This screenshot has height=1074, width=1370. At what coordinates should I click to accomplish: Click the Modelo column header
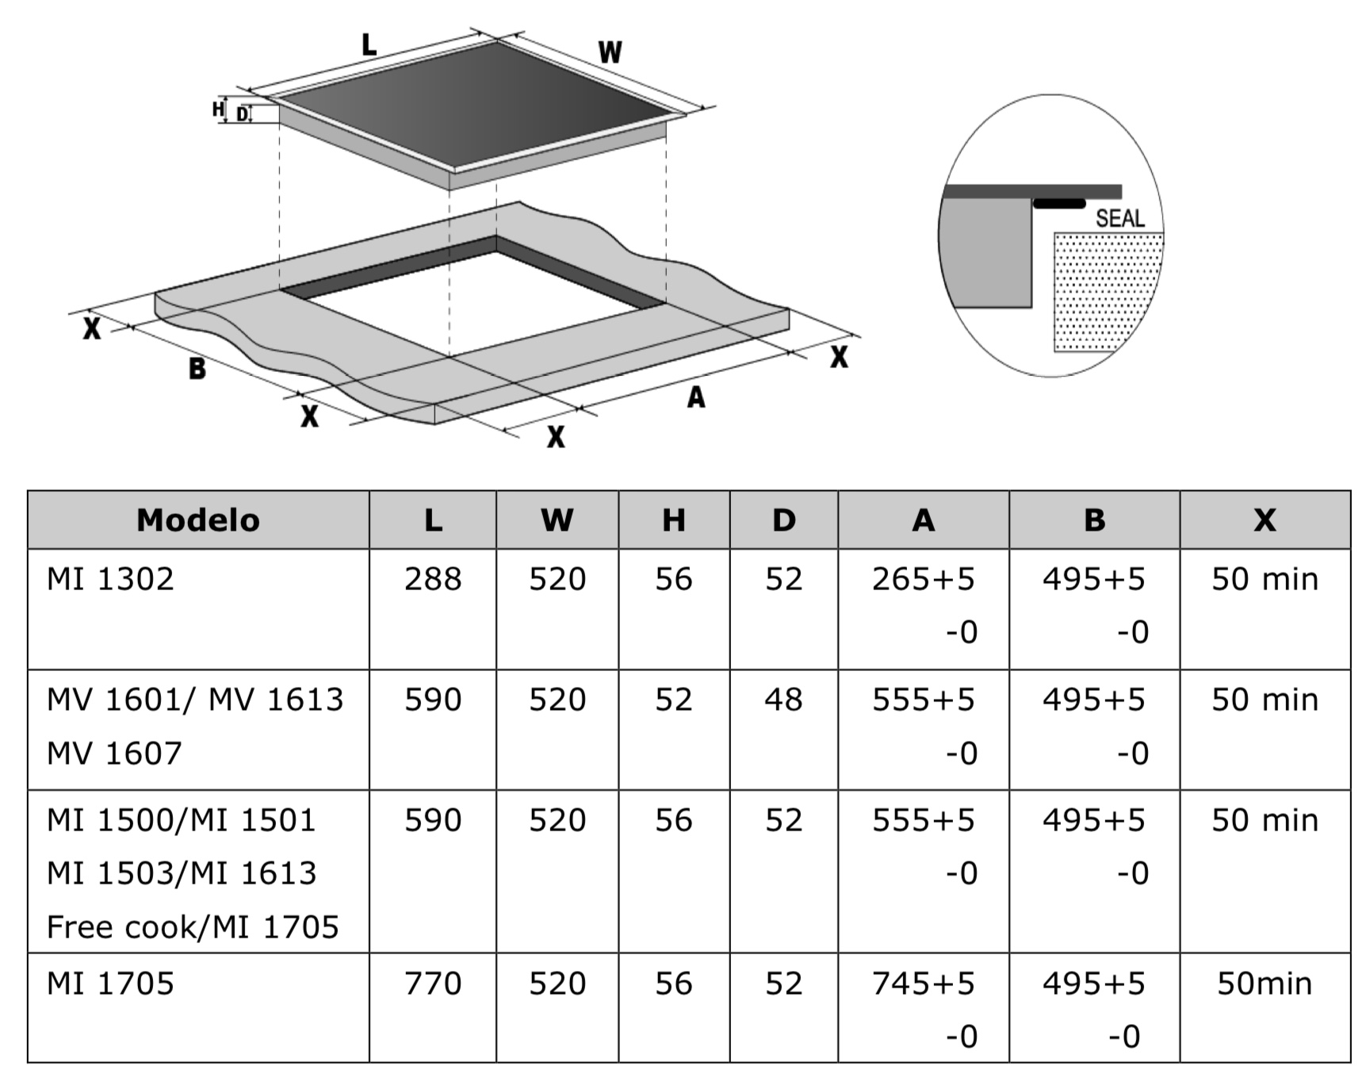(198, 520)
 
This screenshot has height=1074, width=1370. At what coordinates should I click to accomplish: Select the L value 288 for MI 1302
(433, 579)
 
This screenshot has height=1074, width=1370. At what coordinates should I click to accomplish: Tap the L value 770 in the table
(433, 984)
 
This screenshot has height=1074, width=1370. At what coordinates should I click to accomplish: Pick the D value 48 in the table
(783, 700)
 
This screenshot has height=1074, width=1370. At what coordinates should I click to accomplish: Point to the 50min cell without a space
(1265, 984)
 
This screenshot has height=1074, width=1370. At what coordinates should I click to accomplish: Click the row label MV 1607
(114, 753)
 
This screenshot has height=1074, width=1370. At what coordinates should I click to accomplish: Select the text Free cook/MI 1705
(193, 926)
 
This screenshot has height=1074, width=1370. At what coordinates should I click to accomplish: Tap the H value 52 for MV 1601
(673, 700)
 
